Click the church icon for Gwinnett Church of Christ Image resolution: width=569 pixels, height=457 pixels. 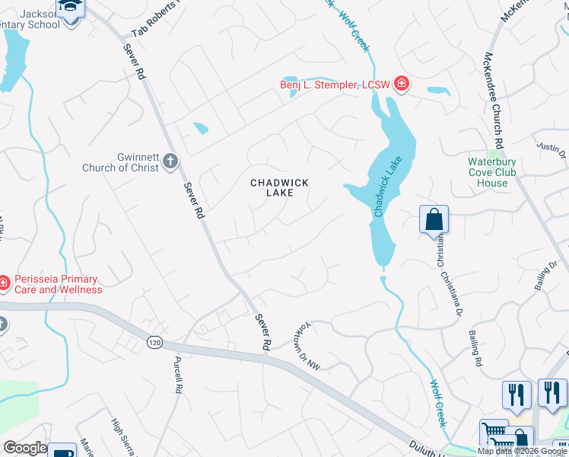click(x=170, y=162)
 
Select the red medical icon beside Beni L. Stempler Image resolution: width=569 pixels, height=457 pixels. click(x=400, y=85)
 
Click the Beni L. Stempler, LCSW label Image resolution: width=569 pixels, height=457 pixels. click(x=335, y=85)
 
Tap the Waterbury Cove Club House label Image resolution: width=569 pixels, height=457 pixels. click(x=492, y=172)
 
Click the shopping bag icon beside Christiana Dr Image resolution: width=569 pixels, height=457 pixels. click(x=434, y=220)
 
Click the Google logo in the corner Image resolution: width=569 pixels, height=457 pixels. click(x=25, y=448)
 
